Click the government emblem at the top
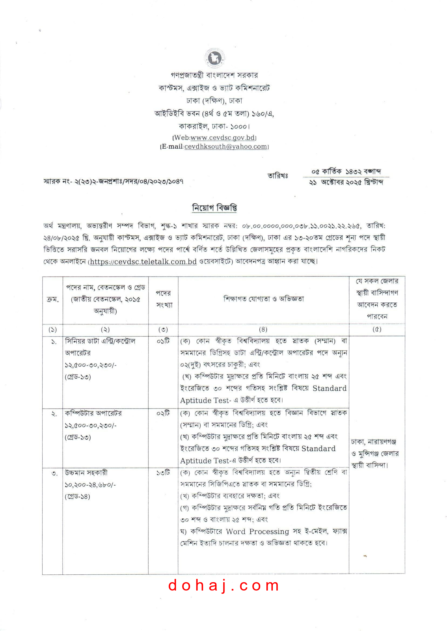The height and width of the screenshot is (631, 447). point(215,58)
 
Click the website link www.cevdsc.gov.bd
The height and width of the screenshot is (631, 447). point(223,138)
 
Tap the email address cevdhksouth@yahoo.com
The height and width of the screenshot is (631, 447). point(226,146)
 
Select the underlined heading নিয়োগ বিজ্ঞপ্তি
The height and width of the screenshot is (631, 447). point(214,208)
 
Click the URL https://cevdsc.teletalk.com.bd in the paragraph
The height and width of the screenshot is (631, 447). point(143,261)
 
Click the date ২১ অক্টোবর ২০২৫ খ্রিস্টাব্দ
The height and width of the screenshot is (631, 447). point(346,182)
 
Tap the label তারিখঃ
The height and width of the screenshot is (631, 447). point(278,176)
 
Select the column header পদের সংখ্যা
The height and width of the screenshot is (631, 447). point(164,299)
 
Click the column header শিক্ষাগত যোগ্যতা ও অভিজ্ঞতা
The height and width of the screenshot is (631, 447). point(263,299)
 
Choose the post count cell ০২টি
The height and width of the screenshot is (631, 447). point(163,413)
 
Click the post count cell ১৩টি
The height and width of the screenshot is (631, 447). point(163,473)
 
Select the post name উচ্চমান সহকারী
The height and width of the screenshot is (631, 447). point(86,473)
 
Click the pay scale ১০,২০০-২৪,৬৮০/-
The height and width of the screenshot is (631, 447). point(90,485)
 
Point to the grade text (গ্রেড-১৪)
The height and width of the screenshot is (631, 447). point(78,496)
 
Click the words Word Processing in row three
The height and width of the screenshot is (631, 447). point(257,531)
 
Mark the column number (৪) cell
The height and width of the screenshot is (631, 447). point(263,330)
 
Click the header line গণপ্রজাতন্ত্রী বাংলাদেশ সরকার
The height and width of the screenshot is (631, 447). point(214,75)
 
